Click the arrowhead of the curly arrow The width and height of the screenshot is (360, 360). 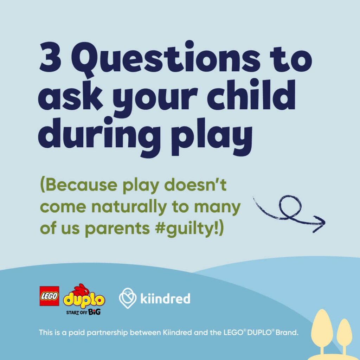pos(320,224)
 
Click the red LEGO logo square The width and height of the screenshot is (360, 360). pos(49,296)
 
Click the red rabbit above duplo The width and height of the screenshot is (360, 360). pos(81,290)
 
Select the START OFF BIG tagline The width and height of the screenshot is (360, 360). pos(83,312)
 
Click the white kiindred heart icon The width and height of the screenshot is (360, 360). pos(128,298)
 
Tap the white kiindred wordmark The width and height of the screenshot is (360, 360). pos(165,298)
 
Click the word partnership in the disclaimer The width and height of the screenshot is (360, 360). pos(106,333)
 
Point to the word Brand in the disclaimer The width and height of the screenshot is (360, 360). pos(287,333)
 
